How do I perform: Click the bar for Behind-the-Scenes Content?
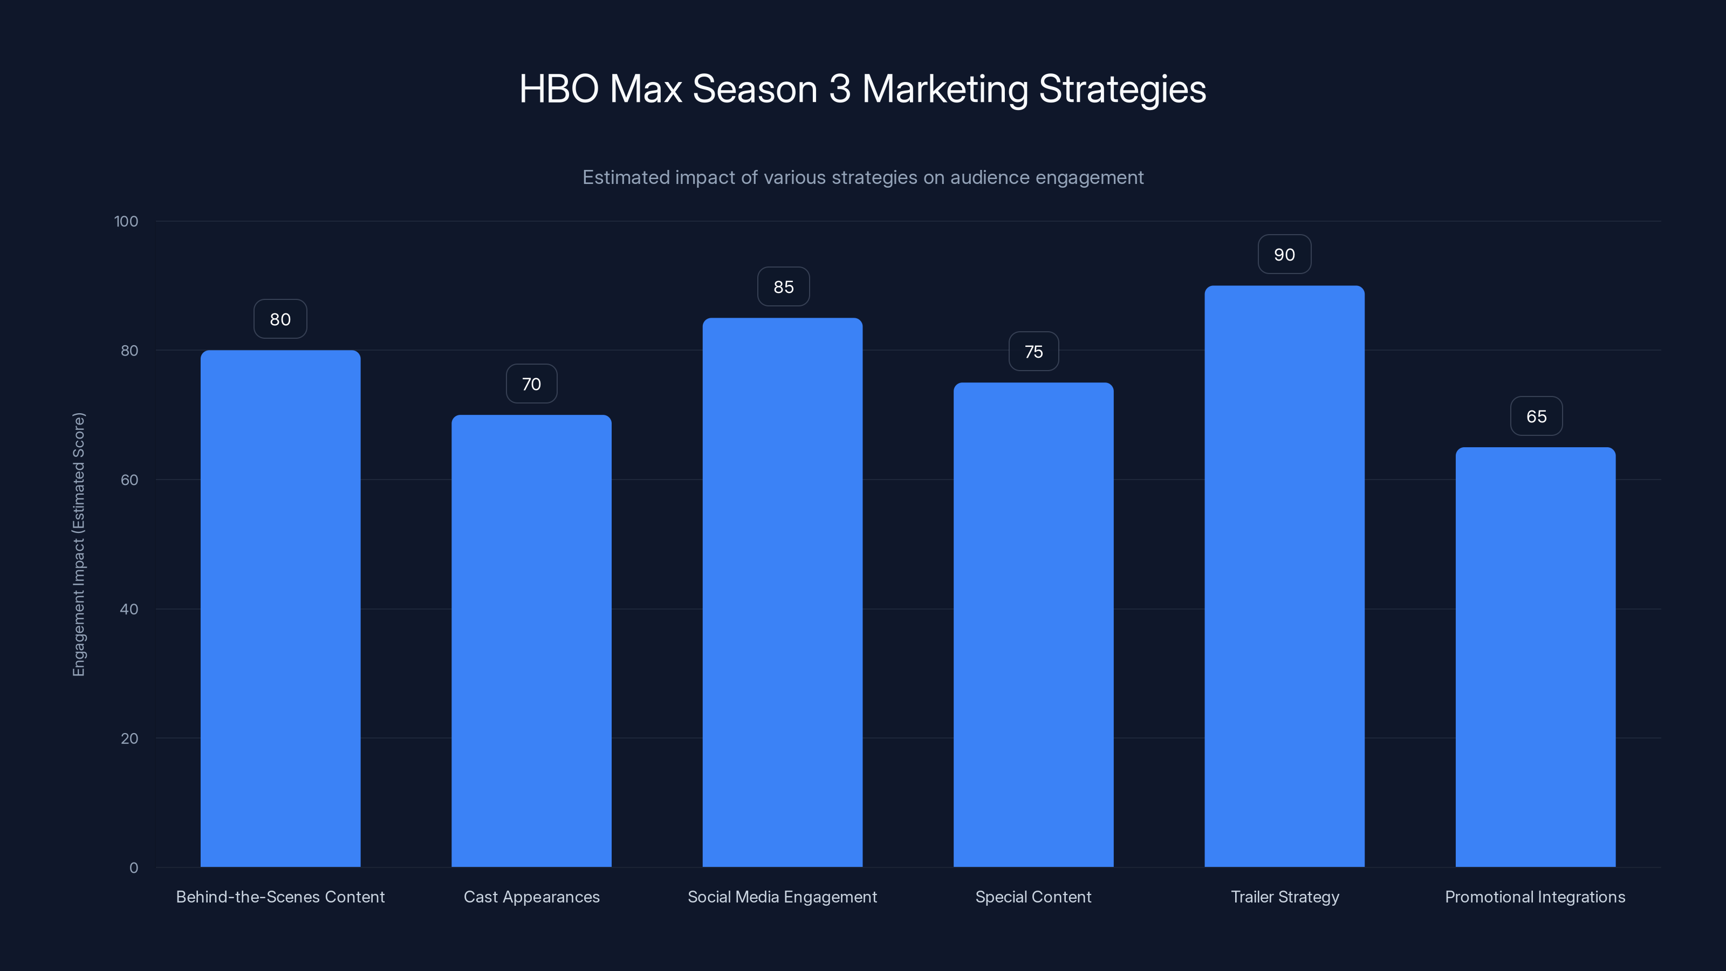pos(280,608)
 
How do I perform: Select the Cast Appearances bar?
pos(531,641)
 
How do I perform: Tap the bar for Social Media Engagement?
pos(782,592)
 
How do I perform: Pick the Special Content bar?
pos(1033,625)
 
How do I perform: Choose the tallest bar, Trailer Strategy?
pos(1284,576)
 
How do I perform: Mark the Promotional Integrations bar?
pos(1535,657)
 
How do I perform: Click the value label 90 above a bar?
pos(1284,255)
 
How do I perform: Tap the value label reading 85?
pos(783,287)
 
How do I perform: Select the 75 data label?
pos(1034,352)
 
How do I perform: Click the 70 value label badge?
pos(531,384)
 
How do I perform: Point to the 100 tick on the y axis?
pos(126,222)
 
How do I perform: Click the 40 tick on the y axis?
pos(129,609)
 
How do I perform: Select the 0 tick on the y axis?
pos(134,868)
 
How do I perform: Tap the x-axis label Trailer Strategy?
pos(1284,897)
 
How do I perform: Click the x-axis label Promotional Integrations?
pos(1535,897)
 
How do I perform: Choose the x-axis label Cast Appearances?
pos(531,897)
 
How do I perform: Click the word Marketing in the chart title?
pos(945,89)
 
